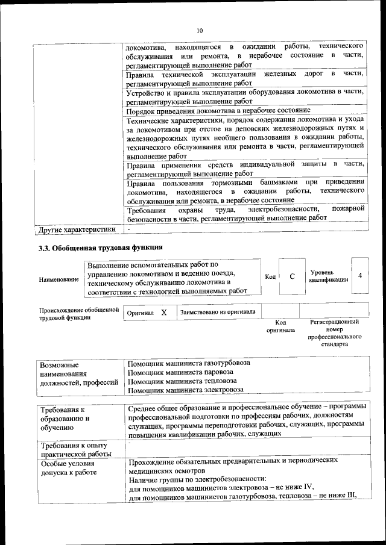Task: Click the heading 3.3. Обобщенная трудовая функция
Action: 100,248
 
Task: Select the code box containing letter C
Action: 291,276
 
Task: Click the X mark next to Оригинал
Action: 163,313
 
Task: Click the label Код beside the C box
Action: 270,276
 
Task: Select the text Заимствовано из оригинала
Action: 217,312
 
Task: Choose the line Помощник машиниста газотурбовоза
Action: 189,364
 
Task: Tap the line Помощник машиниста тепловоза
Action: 182,381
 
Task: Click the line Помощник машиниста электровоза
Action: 186,390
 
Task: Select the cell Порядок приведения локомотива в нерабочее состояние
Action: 218,111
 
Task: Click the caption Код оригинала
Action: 280,326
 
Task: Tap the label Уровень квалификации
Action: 328,276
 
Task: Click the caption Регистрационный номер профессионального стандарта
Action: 334,334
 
